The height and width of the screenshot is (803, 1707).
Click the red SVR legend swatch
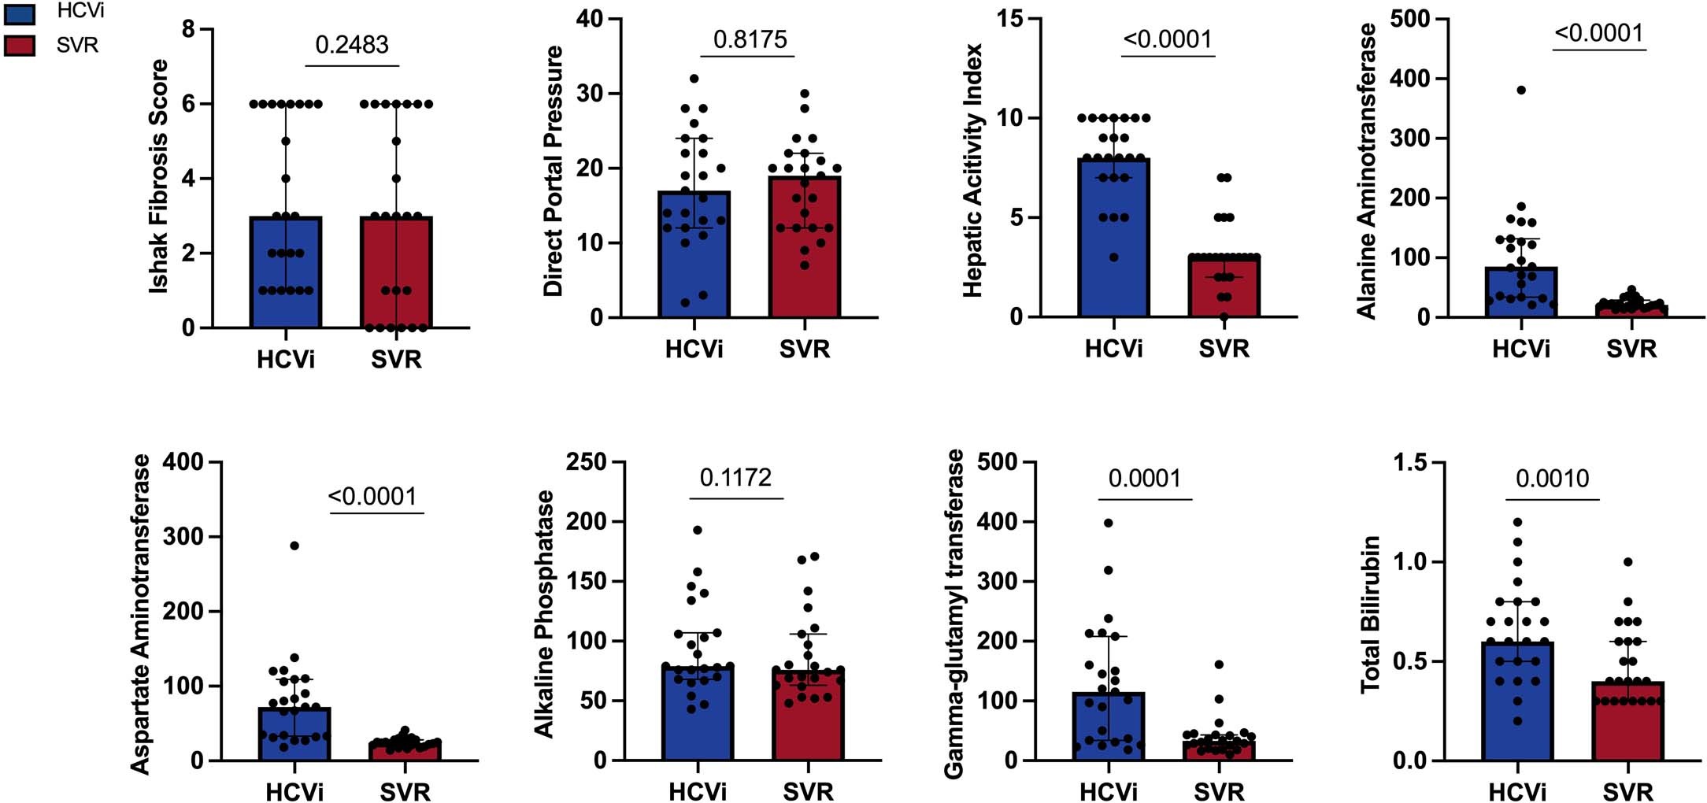pos(19,46)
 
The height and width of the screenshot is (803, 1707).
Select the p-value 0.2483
pos(352,45)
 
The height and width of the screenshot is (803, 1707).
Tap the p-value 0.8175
pos(750,39)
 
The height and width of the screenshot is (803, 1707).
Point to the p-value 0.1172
pos(735,478)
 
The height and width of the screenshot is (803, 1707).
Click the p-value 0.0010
pos(1552,479)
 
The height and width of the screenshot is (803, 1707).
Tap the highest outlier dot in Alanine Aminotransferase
pos(1521,91)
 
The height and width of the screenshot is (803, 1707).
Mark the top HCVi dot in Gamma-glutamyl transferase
pos(1108,523)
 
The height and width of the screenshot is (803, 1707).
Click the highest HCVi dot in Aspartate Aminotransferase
pos(294,546)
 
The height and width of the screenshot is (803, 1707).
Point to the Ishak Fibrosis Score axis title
pos(159,177)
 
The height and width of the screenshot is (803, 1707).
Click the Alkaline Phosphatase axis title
pos(545,614)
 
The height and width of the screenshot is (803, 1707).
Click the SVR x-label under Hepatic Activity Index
pos(1224,348)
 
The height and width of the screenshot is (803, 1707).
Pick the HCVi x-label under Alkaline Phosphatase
pos(698,791)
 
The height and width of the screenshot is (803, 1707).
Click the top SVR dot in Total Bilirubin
pos(1628,562)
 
